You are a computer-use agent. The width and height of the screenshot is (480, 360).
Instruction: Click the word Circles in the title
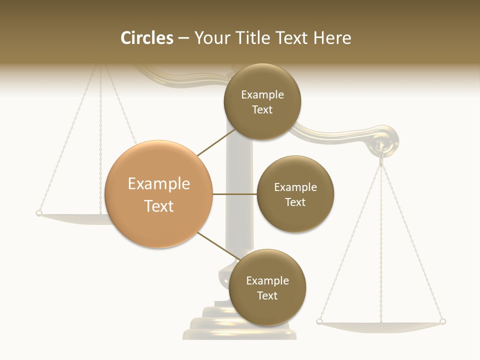pos(146,38)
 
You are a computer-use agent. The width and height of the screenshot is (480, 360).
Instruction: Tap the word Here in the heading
pos(332,38)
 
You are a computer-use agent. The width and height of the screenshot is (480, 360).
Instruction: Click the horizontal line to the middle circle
pos(234,194)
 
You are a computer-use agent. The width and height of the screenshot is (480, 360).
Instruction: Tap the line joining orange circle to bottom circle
pos(218,247)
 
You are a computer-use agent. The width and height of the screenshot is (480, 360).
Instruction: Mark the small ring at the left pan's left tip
pos(39,213)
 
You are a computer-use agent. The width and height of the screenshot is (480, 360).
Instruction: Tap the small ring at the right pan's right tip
pos(442,321)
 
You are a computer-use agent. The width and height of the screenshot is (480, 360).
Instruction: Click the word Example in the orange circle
pos(158,184)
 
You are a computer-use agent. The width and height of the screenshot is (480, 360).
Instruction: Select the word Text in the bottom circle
pos(267,295)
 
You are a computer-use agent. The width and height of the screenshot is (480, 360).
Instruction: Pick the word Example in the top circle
pos(262,95)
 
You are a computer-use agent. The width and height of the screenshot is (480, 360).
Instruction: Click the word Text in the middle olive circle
pos(295,202)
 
